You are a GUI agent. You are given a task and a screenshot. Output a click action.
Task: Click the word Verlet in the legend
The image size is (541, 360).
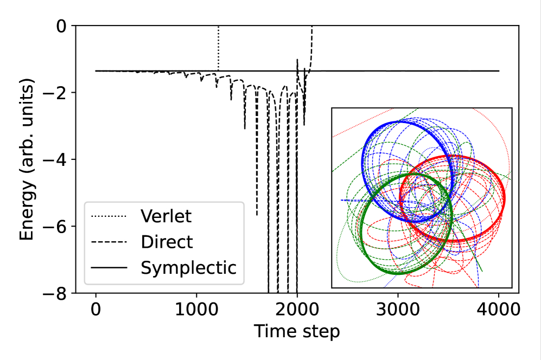click(166, 216)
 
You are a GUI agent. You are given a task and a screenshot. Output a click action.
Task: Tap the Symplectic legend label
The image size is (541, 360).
click(188, 268)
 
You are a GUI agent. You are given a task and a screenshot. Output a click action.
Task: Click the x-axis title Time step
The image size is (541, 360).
click(297, 331)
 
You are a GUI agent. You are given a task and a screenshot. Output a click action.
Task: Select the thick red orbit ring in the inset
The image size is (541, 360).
click(504, 200)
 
